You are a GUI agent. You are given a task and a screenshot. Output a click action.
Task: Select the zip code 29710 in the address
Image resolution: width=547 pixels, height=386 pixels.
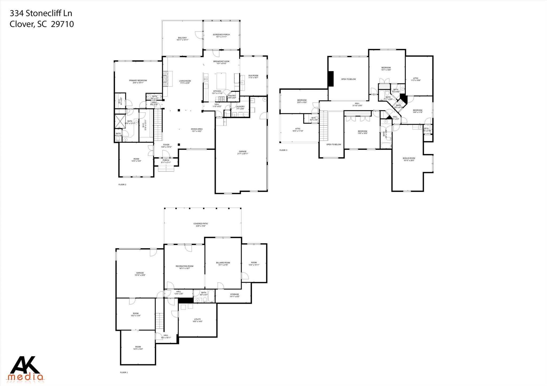[x=62, y=24]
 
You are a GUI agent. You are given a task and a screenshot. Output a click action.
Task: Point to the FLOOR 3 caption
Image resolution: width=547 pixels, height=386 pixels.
[x=283, y=150]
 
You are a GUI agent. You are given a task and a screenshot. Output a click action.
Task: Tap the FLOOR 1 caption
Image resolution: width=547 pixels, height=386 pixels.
[x=124, y=372]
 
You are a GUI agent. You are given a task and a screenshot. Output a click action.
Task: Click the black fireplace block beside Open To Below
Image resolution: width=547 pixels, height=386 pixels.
[x=331, y=79]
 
